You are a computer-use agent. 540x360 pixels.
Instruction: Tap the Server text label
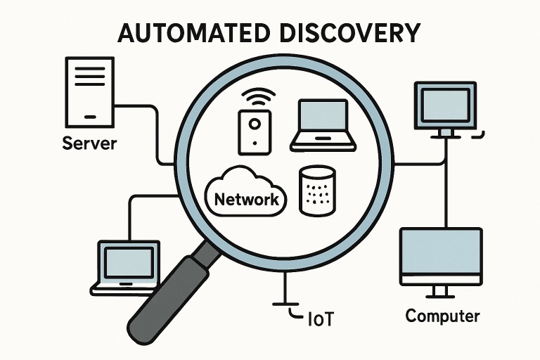[x=89, y=144]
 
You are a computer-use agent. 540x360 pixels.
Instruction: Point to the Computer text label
[x=442, y=316]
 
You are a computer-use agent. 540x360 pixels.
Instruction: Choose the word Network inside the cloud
[x=246, y=199]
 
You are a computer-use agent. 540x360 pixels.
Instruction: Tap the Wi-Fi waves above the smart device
[x=254, y=96]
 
